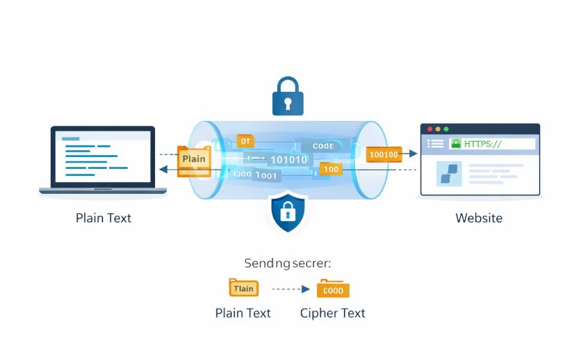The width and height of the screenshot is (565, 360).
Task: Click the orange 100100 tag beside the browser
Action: (x=384, y=154)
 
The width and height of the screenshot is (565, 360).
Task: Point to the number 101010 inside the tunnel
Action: (x=288, y=159)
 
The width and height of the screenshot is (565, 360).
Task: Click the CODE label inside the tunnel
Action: (x=323, y=146)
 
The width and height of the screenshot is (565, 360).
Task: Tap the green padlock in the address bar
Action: (x=456, y=143)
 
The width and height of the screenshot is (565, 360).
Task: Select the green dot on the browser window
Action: (x=446, y=129)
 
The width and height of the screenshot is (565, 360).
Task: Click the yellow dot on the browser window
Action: (x=438, y=129)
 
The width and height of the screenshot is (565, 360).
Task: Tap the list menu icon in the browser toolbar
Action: (x=435, y=144)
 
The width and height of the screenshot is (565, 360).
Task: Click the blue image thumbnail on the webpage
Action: (x=448, y=174)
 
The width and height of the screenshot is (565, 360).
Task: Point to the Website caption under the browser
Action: (x=478, y=218)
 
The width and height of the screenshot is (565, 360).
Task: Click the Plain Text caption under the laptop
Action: (x=103, y=218)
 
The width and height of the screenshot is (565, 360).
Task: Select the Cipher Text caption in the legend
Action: (x=332, y=313)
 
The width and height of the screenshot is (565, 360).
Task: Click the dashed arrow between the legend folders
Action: (x=289, y=288)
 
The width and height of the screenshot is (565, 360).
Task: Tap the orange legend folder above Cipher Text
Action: (x=333, y=289)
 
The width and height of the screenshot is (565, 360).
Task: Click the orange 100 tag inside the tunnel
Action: (x=330, y=169)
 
